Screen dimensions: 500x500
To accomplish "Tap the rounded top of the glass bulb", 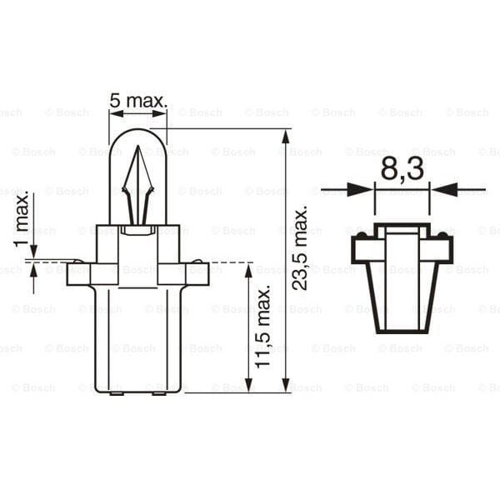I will coord(137,132).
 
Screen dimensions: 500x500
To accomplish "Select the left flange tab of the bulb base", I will coord(79,274).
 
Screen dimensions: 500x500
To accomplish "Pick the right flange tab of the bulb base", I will coord(195,274).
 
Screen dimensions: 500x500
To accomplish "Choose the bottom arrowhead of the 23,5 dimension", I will coord(286,385).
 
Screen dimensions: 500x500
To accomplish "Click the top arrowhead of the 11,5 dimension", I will coord(248,271).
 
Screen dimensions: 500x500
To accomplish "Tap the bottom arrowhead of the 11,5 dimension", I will coord(248,385).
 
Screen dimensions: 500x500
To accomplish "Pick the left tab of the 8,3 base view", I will coord(362,248).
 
